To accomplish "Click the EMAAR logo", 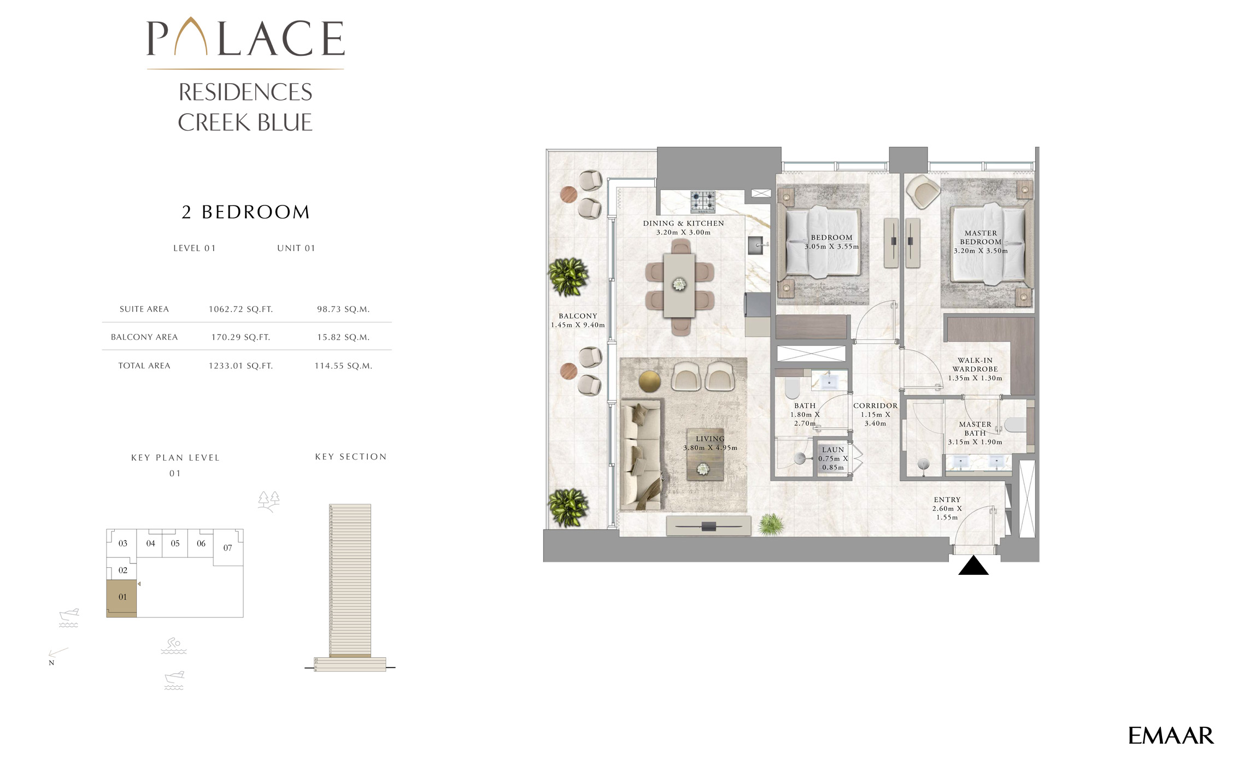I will tap(1170, 735).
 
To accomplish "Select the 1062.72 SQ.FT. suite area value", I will tap(240, 309).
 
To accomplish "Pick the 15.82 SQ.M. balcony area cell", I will tap(343, 337).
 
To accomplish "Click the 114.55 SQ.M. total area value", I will tap(343, 366).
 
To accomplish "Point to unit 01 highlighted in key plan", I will tap(122, 597).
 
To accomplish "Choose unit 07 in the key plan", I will tap(227, 548).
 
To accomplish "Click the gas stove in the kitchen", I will tap(702, 202).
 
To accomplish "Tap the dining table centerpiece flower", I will tap(679, 284).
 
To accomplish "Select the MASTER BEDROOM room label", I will tap(981, 238).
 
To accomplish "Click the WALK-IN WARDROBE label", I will tap(975, 365).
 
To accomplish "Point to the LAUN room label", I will tap(833, 450).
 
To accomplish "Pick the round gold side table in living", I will tap(649, 381).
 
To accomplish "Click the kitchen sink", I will tap(756, 245).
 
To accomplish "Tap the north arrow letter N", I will tap(51, 663).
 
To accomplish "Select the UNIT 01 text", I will tap(296, 248).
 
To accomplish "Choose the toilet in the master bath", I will tap(1014, 425).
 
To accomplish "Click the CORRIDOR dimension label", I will tap(875, 414).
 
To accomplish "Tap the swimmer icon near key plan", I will tap(173, 645).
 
